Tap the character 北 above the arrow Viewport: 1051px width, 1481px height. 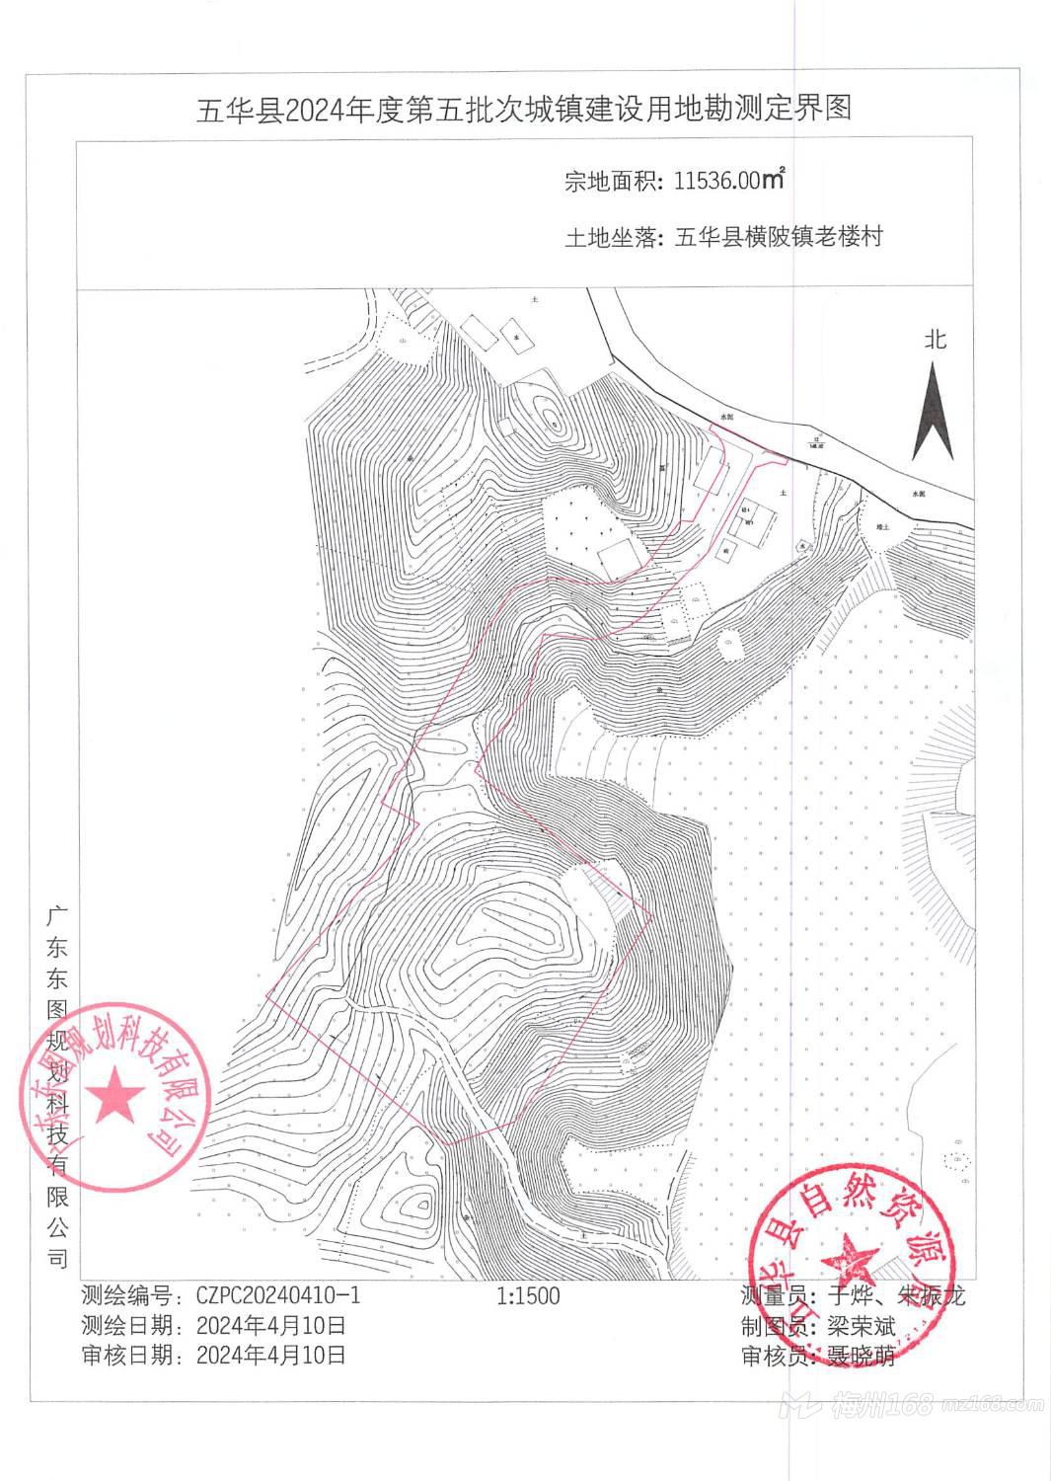pos(936,340)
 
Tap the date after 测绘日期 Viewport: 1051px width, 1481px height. pos(271,1325)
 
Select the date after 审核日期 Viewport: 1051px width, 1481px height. pos(271,1355)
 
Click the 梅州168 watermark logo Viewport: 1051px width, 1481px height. pos(868,1404)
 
